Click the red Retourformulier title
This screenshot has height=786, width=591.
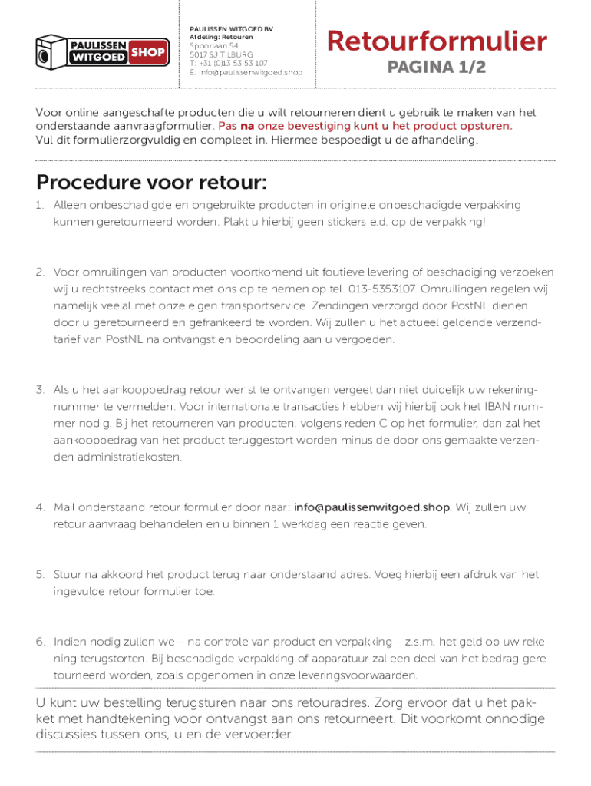click(437, 41)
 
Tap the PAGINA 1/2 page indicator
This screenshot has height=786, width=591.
click(436, 68)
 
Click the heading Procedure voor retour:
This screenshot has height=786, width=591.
click(151, 183)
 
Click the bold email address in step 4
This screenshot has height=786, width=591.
click(373, 507)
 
